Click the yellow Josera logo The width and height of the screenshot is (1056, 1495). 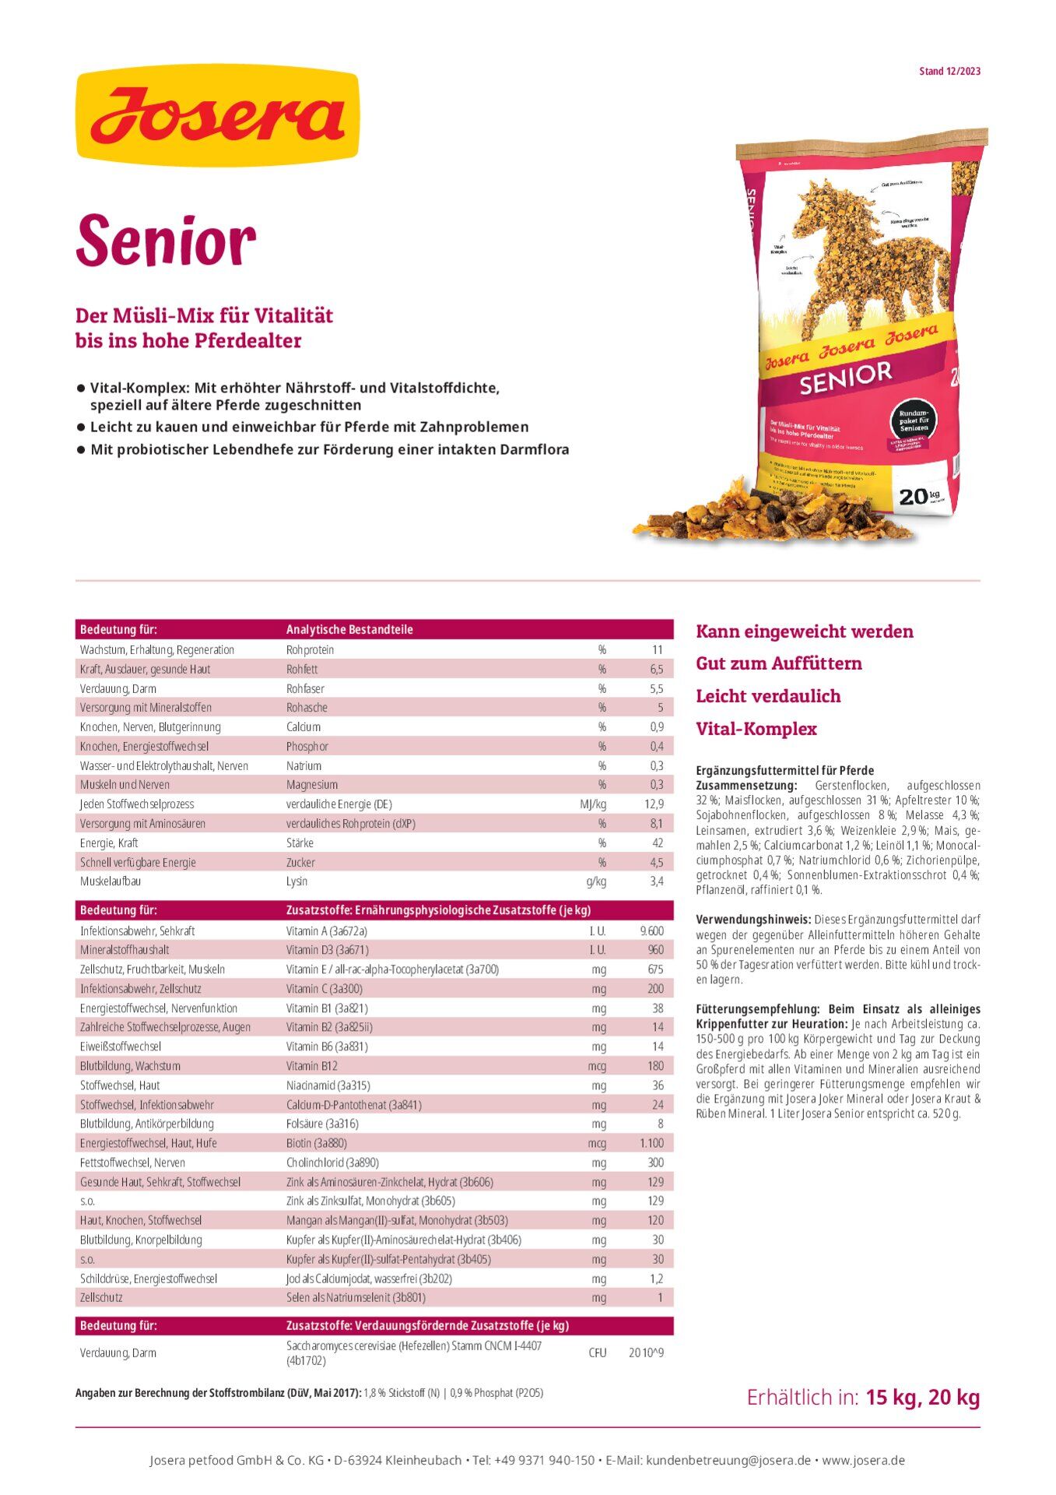click(x=217, y=115)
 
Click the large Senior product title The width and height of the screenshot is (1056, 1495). click(x=166, y=240)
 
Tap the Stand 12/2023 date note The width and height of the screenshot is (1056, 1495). click(x=949, y=72)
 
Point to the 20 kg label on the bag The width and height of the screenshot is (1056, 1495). click(x=918, y=496)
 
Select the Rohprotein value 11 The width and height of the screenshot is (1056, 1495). click(x=658, y=649)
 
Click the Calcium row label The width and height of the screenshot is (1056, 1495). click(x=303, y=726)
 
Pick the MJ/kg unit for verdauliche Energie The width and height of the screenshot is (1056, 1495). click(x=593, y=804)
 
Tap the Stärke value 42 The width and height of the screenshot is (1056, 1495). click(x=658, y=842)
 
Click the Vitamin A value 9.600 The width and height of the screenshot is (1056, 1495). click(x=651, y=930)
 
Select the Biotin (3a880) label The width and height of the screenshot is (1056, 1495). click(x=317, y=1143)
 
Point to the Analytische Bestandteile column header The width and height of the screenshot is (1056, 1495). click(x=349, y=629)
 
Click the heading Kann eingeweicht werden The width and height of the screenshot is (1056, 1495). click(x=805, y=631)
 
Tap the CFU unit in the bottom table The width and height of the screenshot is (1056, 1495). click(x=598, y=1353)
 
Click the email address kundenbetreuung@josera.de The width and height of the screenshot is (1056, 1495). click(x=728, y=1461)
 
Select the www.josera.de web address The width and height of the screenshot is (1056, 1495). click(x=863, y=1461)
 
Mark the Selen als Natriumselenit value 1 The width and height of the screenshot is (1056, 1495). click(x=660, y=1297)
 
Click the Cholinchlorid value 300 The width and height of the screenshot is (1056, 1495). click(x=656, y=1163)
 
